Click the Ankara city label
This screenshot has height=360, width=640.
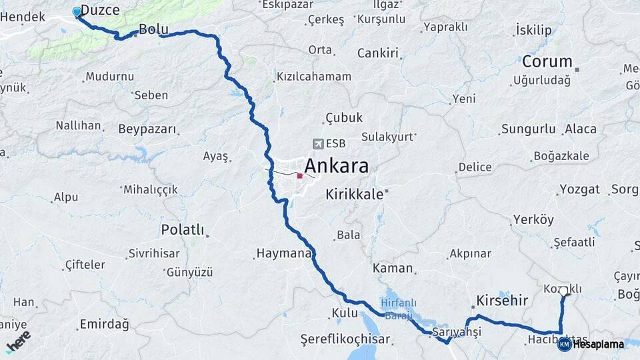point(337,165)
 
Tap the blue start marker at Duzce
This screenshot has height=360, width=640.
point(77,11)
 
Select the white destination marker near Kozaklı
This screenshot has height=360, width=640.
point(564,291)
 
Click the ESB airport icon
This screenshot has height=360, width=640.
point(318,144)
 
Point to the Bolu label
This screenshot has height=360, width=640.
point(153,29)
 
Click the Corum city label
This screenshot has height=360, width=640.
point(547,62)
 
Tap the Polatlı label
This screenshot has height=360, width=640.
point(182,230)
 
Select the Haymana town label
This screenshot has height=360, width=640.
point(283,254)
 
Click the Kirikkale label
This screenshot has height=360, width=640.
point(355,195)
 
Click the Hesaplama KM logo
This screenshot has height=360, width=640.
point(591,344)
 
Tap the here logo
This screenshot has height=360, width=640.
point(18,341)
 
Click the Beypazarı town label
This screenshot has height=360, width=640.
point(147,129)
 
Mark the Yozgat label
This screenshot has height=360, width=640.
point(580,189)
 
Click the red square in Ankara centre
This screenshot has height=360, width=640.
point(300,177)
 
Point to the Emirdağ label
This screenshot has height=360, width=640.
point(104,324)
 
